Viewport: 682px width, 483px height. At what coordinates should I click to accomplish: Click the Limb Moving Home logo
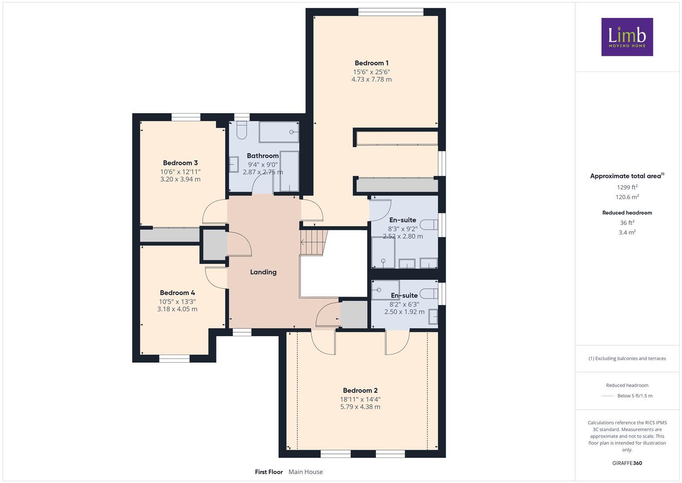pos(627,37)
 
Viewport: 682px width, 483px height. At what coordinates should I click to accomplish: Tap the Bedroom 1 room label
pos(371,63)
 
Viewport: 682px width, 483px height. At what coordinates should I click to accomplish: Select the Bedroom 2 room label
pos(360,390)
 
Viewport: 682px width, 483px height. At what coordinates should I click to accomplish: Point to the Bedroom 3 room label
pos(180,163)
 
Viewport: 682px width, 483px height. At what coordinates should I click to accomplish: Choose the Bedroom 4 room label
pos(177,293)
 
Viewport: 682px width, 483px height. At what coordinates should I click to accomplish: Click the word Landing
pos(263,272)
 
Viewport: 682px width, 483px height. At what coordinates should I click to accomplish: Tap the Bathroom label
pos(263,156)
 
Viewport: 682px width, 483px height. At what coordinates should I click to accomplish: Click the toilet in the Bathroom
pos(242,130)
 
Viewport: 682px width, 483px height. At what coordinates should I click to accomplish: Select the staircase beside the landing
pos(314,242)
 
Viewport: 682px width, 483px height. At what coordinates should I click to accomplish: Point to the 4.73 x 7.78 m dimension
pos(371,80)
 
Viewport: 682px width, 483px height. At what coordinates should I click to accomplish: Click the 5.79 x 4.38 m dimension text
pos(360,407)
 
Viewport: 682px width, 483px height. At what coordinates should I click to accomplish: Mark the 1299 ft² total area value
pos(627,187)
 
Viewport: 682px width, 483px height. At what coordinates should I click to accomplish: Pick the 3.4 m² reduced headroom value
pos(627,232)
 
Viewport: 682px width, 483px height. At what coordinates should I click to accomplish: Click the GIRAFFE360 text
pos(627,463)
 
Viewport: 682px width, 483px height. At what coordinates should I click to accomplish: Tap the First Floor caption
pos(269,472)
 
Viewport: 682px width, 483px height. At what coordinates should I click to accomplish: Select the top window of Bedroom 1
pos(391,12)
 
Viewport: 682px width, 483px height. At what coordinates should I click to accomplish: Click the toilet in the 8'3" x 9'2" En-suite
pos(429,224)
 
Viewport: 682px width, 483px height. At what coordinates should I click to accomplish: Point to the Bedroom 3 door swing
pos(214,212)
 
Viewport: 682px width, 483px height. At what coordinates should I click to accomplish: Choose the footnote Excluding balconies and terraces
pos(627,358)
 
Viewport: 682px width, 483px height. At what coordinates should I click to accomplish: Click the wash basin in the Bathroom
pos(234,164)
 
